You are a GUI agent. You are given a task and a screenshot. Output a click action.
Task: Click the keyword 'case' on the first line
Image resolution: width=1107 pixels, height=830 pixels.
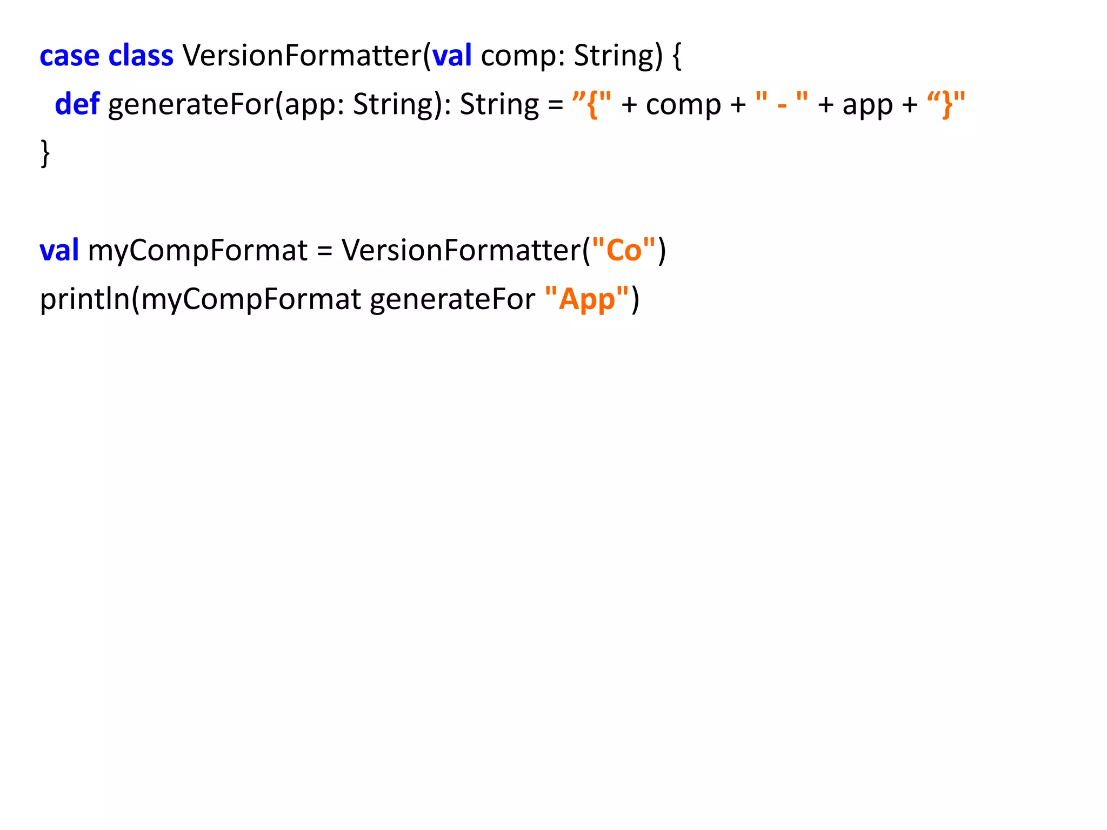pyautogui.click(x=69, y=56)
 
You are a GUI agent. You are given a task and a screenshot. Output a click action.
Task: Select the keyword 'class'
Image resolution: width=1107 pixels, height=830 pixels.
pyautogui.click(x=141, y=56)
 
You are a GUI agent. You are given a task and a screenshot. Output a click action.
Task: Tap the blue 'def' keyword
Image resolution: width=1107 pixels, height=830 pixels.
pyautogui.click(x=77, y=104)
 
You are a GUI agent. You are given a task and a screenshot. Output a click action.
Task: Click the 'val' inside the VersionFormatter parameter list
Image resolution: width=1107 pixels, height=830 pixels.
pyautogui.click(x=452, y=56)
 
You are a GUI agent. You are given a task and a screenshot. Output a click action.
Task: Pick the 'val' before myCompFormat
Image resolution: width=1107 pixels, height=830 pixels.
pyautogui.click(x=59, y=250)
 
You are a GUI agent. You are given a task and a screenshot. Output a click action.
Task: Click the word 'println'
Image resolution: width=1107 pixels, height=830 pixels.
pyautogui.click(x=84, y=299)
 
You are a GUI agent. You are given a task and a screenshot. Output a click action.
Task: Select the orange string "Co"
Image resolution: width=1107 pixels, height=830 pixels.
pyautogui.click(x=623, y=250)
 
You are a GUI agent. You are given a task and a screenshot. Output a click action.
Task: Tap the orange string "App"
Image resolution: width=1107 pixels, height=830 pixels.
pyautogui.click(x=587, y=299)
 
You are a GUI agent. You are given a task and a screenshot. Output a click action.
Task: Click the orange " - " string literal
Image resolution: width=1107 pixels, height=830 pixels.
pyautogui.click(x=782, y=104)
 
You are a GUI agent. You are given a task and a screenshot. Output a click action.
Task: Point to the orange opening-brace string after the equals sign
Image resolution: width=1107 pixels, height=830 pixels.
pyautogui.click(x=592, y=104)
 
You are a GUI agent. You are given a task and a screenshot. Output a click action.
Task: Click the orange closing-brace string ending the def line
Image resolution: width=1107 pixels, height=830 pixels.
pyautogui.click(x=946, y=104)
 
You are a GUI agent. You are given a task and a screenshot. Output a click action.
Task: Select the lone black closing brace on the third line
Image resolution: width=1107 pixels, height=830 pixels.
pyautogui.click(x=45, y=153)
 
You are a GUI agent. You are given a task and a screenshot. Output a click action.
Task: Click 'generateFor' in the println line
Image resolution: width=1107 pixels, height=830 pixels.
pyautogui.click(x=452, y=299)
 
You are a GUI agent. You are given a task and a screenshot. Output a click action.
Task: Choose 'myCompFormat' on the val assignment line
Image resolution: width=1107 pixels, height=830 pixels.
pyautogui.click(x=197, y=250)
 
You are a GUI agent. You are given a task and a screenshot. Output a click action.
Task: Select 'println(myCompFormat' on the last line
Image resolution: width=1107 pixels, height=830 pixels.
pyautogui.click(x=200, y=299)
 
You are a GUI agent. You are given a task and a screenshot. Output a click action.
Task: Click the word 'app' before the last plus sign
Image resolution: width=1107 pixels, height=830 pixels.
pyautogui.click(x=868, y=105)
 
